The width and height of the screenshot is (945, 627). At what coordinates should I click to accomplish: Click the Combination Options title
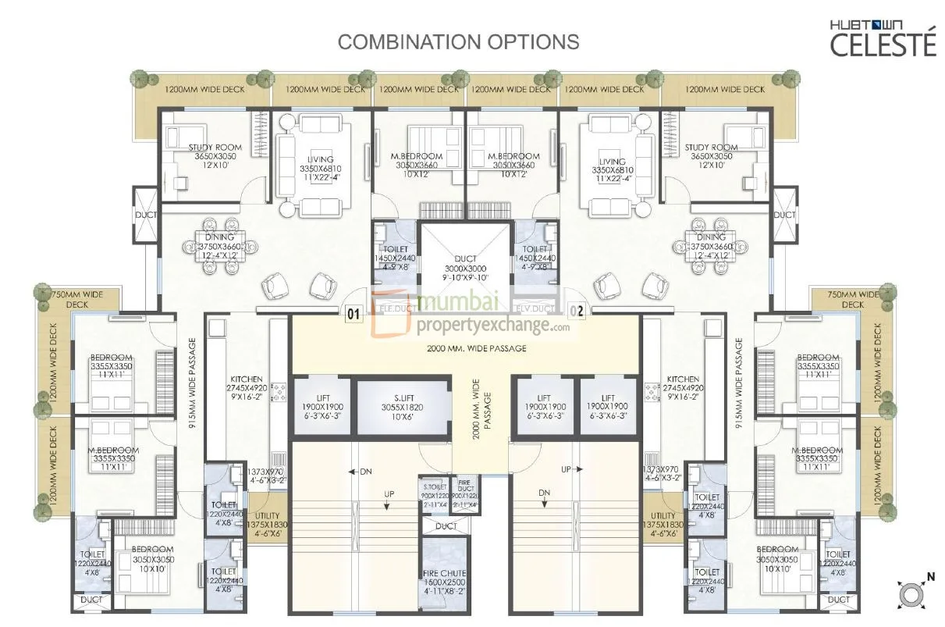(458, 41)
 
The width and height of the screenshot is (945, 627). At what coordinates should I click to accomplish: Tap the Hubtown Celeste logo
(883, 38)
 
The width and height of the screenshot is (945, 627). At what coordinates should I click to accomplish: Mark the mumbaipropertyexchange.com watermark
(472, 315)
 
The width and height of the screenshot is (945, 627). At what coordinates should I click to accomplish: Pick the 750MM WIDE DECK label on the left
(77, 299)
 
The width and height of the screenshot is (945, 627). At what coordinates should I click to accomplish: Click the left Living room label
(320, 168)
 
